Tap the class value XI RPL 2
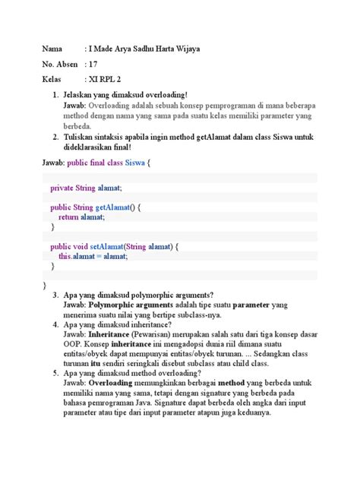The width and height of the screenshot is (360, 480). click(x=109, y=79)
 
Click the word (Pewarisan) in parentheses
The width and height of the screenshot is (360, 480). click(x=150, y=334)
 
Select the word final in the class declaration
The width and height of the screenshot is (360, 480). click(x=103, y=163)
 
